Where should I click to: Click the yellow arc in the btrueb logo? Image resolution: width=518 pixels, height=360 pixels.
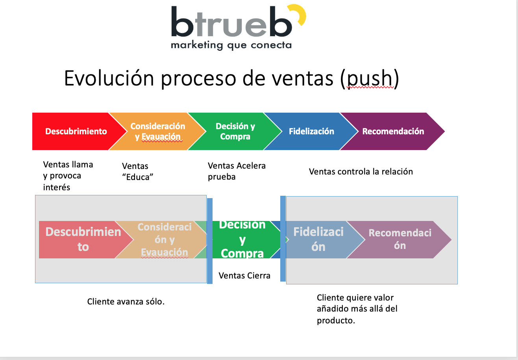pyautogui.click(x=299, y=15)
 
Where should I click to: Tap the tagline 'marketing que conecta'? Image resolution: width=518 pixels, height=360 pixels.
pyautogui.click(x=231, y=45)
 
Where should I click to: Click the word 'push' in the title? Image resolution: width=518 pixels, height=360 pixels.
pyautogui.click(x=370, y=78)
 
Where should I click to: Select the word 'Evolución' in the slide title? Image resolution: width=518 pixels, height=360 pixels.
pyautogui.click(x=109, y=78)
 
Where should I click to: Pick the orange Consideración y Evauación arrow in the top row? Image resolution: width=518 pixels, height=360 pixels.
pyautogui.click(x=157, y=131)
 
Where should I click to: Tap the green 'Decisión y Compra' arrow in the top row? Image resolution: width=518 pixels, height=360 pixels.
pyautogui.click(x=235, y=131)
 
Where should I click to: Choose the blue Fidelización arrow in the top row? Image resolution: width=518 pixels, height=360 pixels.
pyautogui.click(x=311, y=131)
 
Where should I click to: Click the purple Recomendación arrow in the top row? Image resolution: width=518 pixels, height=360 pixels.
pyautogui.click(x=393, y=131)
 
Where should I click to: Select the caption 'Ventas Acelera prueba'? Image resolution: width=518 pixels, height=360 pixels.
pyautogui.click(x=237, y=171)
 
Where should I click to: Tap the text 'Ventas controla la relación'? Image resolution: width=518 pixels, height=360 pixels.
pyautogui.click(x=361, y=171)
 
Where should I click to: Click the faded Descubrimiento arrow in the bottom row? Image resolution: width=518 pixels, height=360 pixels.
pyautogui.click(x=83, y=239)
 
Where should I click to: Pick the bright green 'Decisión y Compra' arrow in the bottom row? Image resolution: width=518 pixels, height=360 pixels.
pyautogui.click(x=242, y=239)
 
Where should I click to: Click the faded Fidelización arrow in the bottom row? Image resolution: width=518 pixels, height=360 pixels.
pyautogui.click(x=318, y=239)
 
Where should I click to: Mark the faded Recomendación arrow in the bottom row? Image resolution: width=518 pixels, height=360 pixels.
pyautogui.click(x=400, y=239)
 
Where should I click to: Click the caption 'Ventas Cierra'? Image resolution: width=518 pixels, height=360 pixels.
pyautogui.click(x=244, y=275)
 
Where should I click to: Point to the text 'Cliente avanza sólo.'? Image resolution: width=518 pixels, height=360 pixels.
pyautogui.click(x=126, y=302)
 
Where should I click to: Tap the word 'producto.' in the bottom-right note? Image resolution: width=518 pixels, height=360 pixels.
pyautogui.click(x=336, y=320)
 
